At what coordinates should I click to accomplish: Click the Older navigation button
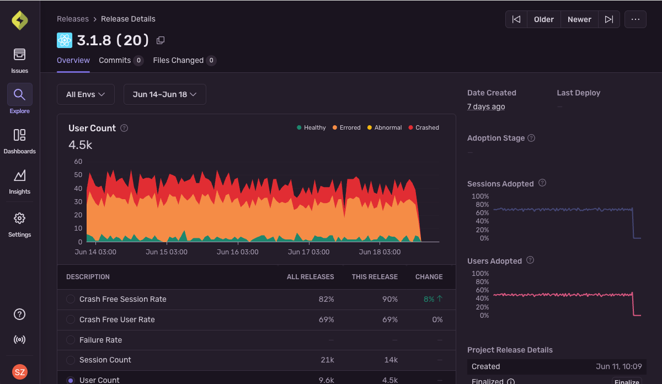coord(543,19)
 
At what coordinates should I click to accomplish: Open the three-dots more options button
coord(636,19)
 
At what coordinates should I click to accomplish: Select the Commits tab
coord(115,61)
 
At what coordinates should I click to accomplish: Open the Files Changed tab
coord(178,61)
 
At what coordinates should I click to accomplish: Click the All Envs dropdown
coord(86,94)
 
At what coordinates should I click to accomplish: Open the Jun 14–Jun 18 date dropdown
coord(164,94)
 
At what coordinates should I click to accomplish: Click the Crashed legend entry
coord(424,127)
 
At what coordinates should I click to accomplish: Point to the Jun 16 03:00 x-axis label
coord(237,252)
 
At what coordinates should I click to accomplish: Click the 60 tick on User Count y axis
coord(78,162)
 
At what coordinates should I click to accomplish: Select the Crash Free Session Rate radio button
coord(71,299)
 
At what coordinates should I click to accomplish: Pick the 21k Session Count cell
coord(327,360)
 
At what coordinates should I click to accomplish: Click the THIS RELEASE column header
coord(375,277)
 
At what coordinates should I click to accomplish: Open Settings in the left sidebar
coord(19,223)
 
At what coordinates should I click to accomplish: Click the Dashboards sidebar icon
coord(19,140)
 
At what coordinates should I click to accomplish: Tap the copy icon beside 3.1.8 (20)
coord(161,40)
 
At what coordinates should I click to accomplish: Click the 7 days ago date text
coord(486,106)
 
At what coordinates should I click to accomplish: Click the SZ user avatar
coord(19,372)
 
